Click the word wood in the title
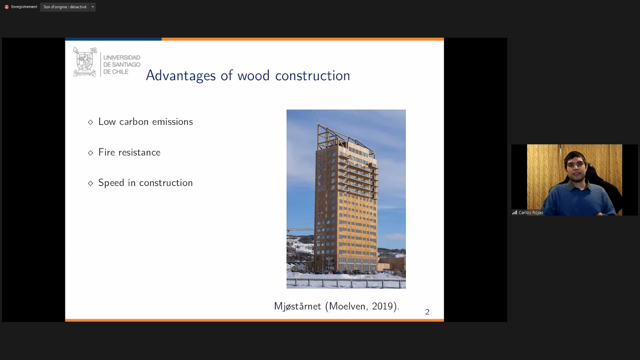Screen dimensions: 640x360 coord(253,76)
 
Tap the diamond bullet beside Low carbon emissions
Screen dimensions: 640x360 coord(90,122)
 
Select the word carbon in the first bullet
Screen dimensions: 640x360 coord(134,122)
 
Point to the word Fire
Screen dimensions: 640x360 coord(107,152)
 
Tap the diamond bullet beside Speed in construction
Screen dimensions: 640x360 coord(90,183)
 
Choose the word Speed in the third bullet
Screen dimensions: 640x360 coord(111,183)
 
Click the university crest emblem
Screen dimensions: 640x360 coord(85,62)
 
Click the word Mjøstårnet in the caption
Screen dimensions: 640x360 coord(297,306)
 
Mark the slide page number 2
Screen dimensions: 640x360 coord(427,312)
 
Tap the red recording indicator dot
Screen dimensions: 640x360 coord(6,7)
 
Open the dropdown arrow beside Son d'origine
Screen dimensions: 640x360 coord(93,7)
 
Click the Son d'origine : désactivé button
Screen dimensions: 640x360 coord(65,7)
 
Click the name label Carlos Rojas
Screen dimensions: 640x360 coord(531,213)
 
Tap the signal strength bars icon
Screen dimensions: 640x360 coord(515,212)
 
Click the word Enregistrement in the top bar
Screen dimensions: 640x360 coord(24,7)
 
